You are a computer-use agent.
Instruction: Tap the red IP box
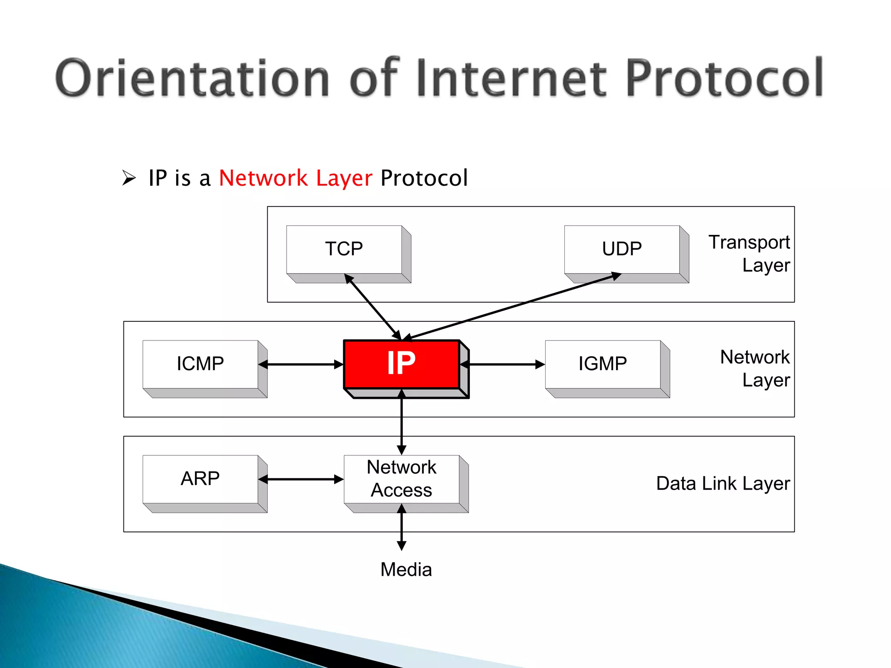(402, 364)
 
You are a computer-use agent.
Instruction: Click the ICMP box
(201, 364)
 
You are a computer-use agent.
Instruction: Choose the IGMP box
(603, 364)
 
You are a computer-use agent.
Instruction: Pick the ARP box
(201, 479)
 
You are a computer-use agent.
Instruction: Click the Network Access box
(402, 479)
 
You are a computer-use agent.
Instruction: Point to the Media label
(406, 570)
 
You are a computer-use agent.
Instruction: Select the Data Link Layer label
(723, 484)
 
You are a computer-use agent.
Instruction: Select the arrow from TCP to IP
(373, 307)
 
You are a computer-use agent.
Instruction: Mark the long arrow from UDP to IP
(513, 306)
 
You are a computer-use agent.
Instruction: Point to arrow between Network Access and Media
(402, 528)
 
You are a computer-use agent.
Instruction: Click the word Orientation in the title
(191, 78)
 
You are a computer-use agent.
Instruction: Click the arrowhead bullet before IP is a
(129, 178)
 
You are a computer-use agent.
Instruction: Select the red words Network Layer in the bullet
(296, 178)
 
